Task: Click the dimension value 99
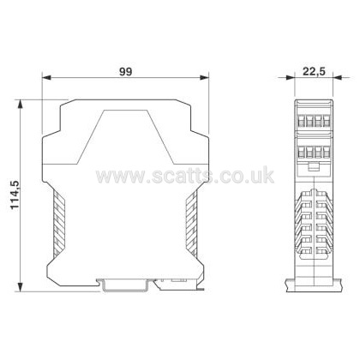125,71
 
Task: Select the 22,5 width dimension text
314,71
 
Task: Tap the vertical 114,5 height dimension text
15,195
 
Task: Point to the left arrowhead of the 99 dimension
46,77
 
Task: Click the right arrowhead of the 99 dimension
204,77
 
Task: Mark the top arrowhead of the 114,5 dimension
20,105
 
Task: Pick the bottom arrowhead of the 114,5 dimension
20,287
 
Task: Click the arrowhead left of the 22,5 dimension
291,77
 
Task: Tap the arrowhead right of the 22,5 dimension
338,77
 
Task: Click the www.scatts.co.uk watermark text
185,176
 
